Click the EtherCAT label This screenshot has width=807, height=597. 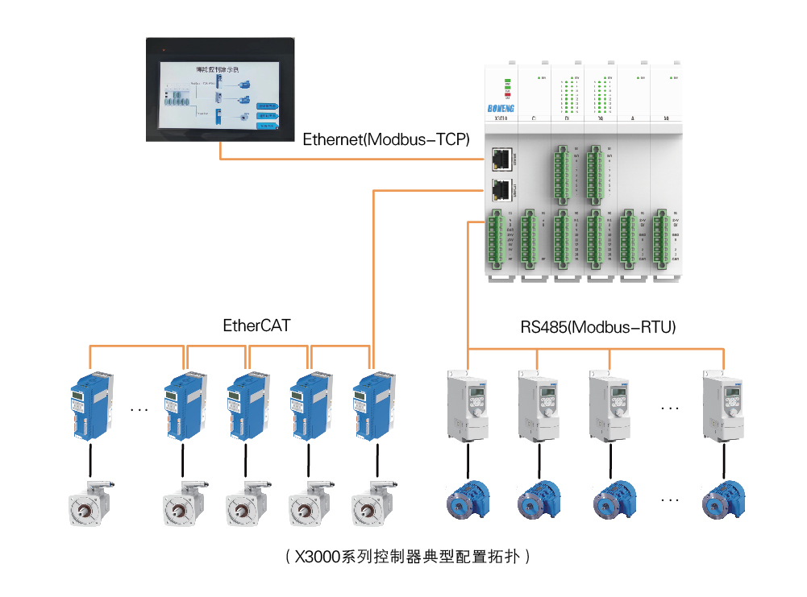click(x=256, y=325)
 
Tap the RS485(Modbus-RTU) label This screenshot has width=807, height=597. click(x=597, y=327)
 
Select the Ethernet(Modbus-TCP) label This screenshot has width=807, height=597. click(x=386, y=139)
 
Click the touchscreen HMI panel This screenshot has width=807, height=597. click(x=220, y=89)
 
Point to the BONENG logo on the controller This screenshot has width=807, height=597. click(x=506, y=106)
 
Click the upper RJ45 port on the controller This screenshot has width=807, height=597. click(x=501, y=159)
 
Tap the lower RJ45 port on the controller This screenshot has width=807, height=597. click(x=501, y=191)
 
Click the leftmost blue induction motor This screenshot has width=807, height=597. click(x=468, y=499)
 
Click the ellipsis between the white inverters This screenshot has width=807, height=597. click(x=670, y=408)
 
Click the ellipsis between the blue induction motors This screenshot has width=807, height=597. click(x=670, y=500)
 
